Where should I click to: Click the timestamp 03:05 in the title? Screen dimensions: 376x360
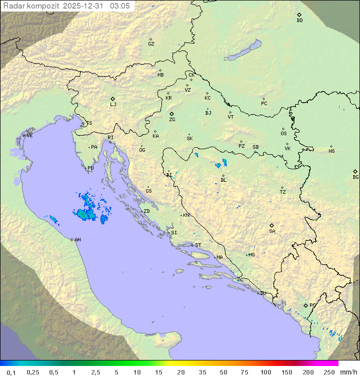tap(120, 6)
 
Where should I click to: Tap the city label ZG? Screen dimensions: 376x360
tap(172, 120)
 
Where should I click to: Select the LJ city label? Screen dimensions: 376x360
tap(113, 105)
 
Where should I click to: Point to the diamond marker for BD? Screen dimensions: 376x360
tap(299, 15)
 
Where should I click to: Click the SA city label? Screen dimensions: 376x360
tap(272, 231)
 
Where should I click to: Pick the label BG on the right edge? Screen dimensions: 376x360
tap(355, 177)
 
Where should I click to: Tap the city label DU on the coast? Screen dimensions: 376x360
tap(262, 293)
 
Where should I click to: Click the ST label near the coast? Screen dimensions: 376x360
tap(198, 245)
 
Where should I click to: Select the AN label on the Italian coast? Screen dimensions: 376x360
tap(77, 240)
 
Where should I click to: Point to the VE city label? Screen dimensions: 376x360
tap(29, 136)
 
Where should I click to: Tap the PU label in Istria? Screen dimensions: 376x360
tap(90, 168)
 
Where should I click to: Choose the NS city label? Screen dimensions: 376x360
tap(331, 151)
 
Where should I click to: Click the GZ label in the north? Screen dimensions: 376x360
tap(151, 44)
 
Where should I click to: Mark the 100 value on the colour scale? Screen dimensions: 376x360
tap(266, 372)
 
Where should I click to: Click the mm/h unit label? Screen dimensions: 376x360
tap(348, 372)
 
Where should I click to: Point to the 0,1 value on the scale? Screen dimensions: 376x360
tap(11, 372)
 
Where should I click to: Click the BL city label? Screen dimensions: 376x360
tap(223, 180)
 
